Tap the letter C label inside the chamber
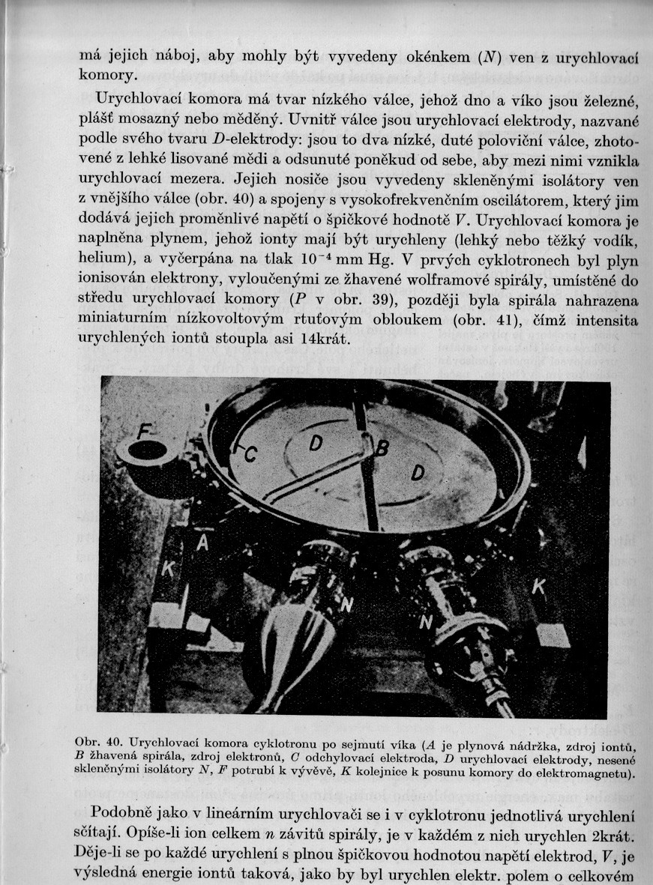tap(250, 453)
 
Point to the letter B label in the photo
tap(382, 447)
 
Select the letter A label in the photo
tap(201, 543)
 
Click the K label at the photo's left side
tap(168, 570)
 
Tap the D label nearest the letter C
tap(316, 443)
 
